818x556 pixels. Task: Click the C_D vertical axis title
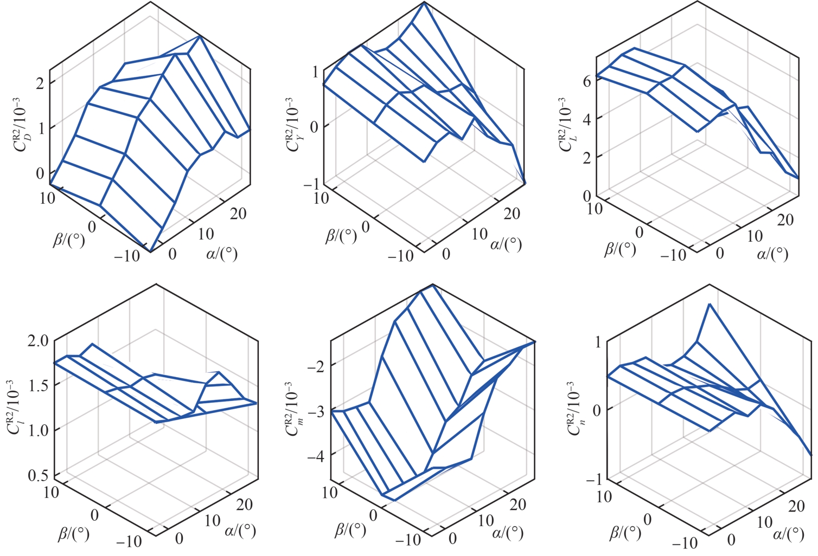[x=24, y=124]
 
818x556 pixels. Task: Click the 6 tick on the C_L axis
[x=586, y=81]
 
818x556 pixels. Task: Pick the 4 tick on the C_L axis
[x=586, y=119]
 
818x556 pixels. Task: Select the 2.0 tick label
[x=37, y=341]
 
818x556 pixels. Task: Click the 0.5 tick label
[x=37, y=475]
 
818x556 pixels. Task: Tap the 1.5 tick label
[x=37, y=385]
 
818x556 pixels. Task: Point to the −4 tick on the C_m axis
[x=316, y=457]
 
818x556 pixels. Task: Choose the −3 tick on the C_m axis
[x=316, y=412]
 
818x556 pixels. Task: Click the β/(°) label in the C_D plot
[x=69, y=239]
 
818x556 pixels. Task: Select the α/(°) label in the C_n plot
[x=788, y=534]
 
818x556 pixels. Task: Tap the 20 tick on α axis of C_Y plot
[x=512, y=214]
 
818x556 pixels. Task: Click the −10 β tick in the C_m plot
[x=407, y=539]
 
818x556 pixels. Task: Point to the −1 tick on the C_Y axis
[x=311, y=185]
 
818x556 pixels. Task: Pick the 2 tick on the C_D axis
[x=40, y=83]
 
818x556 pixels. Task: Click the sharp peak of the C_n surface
[x=709, y=305]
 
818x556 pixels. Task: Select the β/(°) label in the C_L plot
[x=621, y=249]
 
